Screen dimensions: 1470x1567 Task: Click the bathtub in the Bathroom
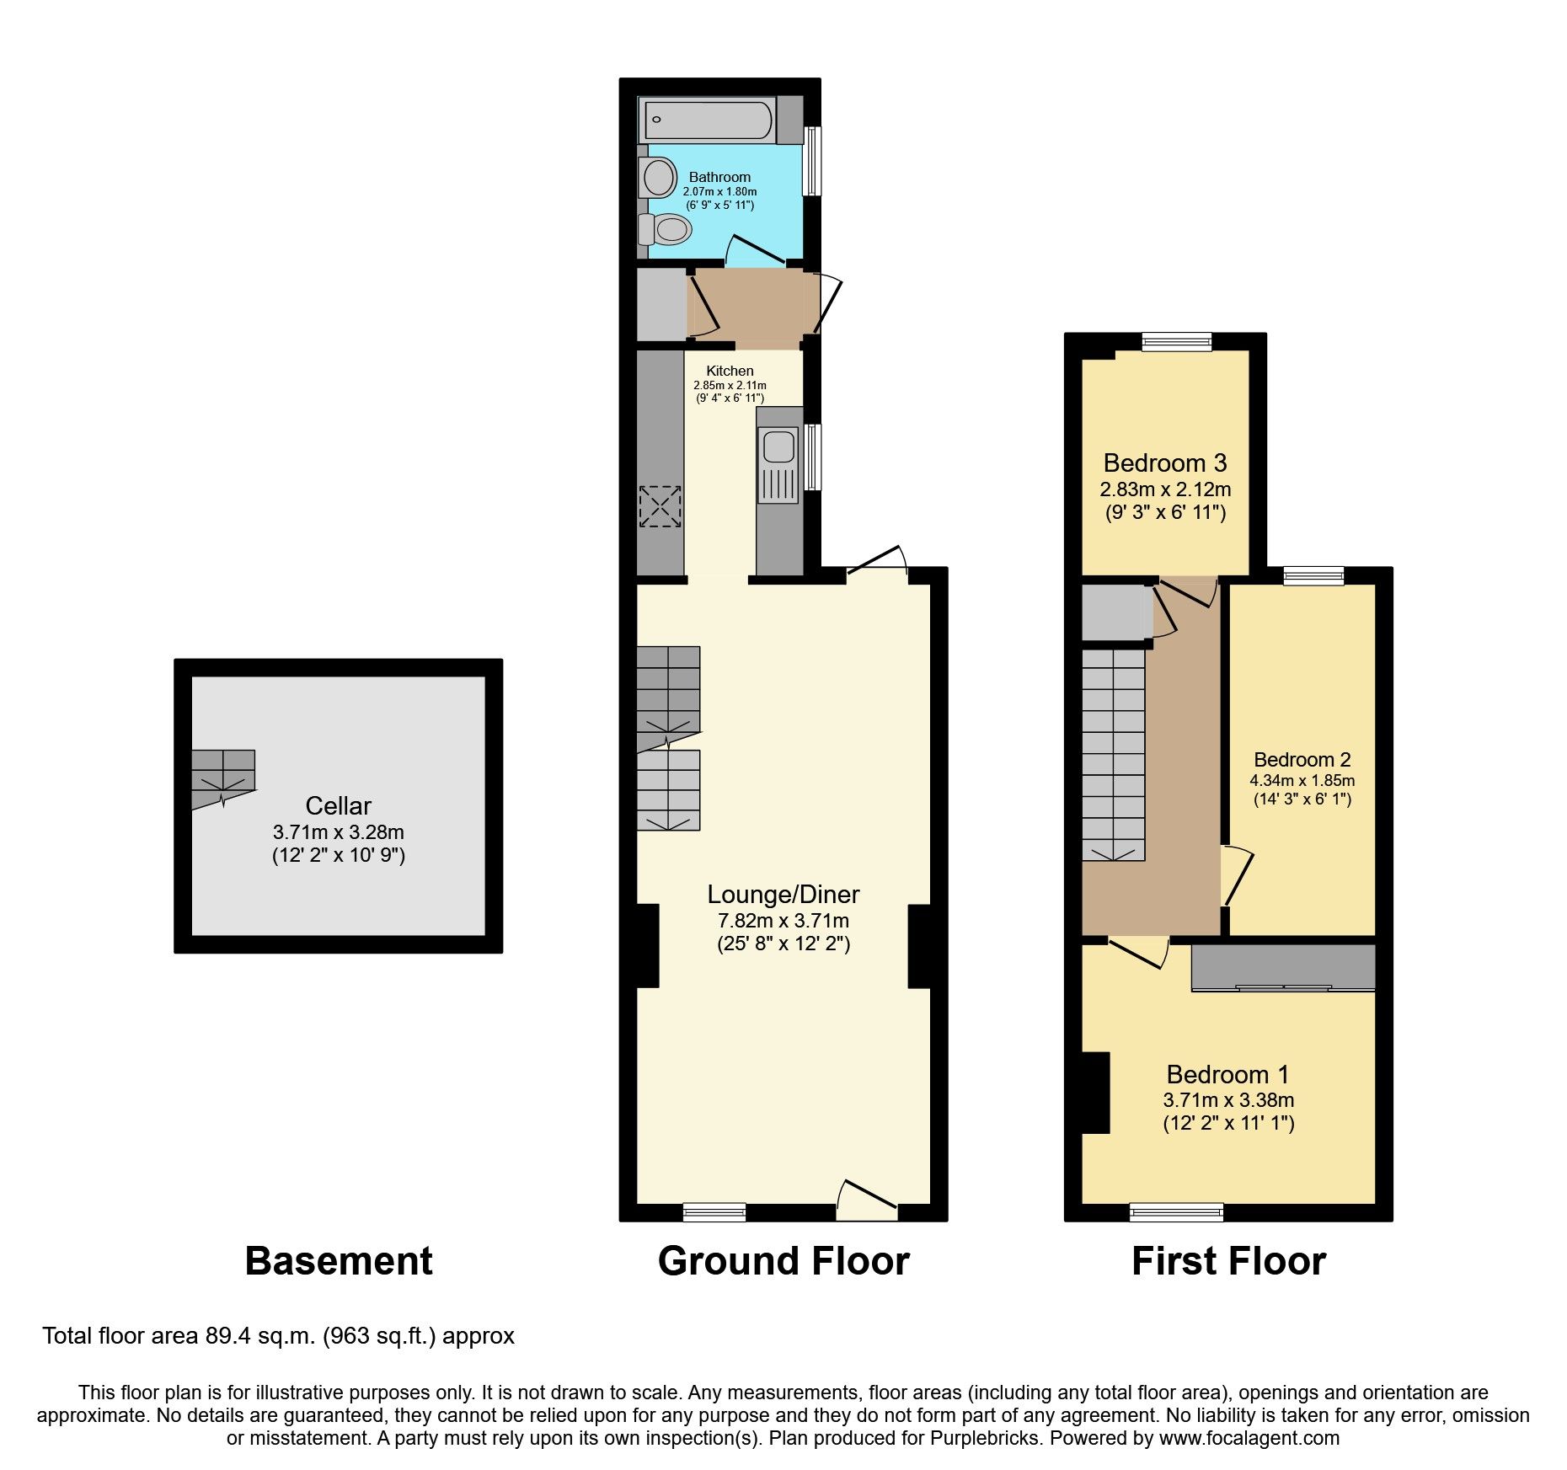[708, 120]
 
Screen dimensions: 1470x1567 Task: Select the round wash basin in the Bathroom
[659, 178]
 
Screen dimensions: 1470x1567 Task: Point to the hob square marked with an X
[660, 506]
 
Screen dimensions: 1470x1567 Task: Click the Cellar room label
[338, 805]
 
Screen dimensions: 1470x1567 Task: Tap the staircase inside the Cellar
[222, 778]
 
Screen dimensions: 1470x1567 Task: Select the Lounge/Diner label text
[783, 894]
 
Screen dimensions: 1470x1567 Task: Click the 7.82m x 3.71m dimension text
[783, 920]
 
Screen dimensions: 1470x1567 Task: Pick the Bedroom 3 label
[1164, 462]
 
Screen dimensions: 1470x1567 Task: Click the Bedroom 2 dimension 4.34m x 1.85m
[1302, 780]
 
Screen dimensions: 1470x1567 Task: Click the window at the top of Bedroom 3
[1177, 341]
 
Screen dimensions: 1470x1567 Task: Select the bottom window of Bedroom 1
[1177, 1212]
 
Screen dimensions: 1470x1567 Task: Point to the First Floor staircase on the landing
[1113, 754]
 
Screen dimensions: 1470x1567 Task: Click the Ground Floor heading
[783, 1261]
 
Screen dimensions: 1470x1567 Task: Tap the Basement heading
[338, 1261]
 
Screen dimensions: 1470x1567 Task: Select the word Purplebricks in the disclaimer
[983, 1438]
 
